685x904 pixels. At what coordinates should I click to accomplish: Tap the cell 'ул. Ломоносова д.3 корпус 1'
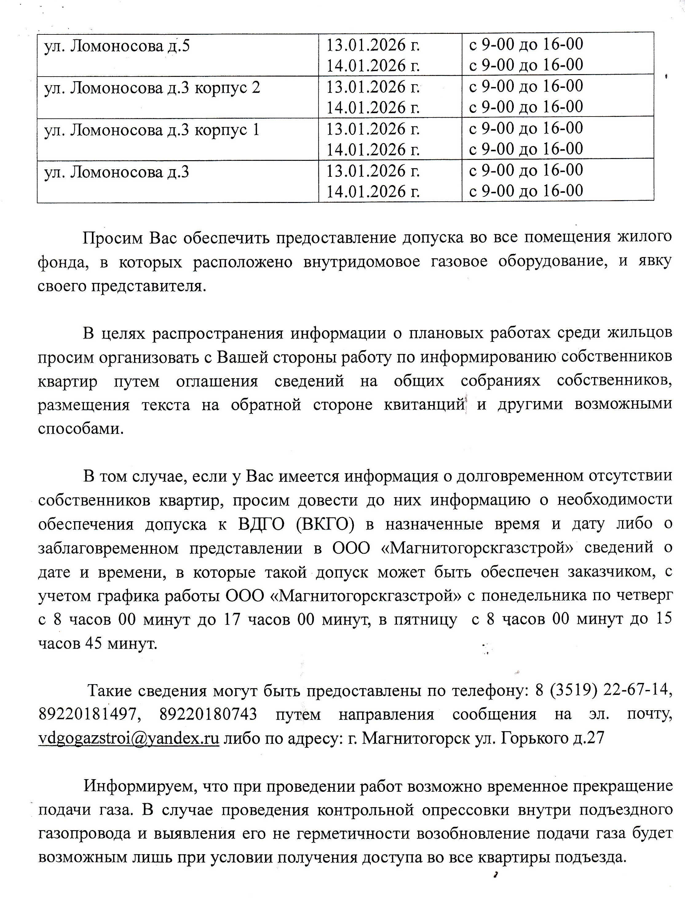[152, 130]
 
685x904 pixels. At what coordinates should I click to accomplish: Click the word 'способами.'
[81, 430]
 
